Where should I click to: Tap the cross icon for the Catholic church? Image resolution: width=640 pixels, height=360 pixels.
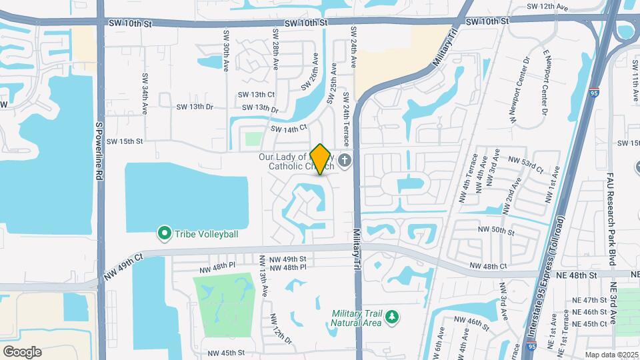[345, 161]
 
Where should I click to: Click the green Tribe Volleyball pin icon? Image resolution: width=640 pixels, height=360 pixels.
[163, 233]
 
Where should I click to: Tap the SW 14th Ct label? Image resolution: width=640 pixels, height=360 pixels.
[289, 127]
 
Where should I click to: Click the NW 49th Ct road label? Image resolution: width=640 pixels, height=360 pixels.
[123, 266]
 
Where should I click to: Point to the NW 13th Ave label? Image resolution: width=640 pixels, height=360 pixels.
[264, 284]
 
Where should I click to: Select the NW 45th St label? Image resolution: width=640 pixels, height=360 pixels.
[226, 353]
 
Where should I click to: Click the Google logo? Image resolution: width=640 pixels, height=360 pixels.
[22, 351]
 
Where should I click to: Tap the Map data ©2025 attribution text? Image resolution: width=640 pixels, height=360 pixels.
[611, 355]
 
